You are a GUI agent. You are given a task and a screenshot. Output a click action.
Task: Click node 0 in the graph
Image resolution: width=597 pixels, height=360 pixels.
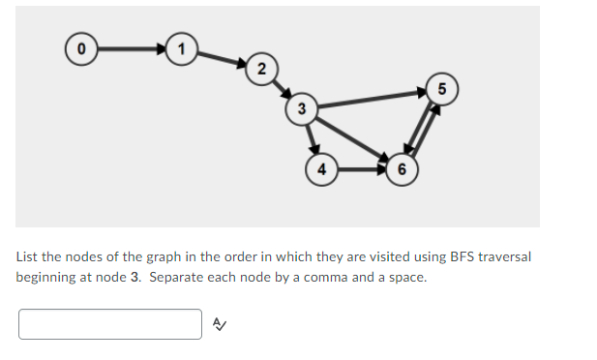(x=82, y=45)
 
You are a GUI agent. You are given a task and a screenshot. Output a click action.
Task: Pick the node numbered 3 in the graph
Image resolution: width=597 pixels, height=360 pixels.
(x=301, y=108)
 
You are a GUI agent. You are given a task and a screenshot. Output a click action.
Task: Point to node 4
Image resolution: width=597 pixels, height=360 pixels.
(x=321, y=169)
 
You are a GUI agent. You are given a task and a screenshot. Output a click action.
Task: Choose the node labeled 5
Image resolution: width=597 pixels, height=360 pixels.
(x=441, y=88)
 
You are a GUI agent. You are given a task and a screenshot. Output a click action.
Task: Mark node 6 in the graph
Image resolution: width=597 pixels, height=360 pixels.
(x=402, y=169)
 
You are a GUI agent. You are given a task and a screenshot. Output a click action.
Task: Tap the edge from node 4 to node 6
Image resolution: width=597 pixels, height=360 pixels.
(x=360, y=169)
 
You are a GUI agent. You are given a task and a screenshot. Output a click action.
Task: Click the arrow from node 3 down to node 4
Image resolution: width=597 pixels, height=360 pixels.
(x=312, y=138)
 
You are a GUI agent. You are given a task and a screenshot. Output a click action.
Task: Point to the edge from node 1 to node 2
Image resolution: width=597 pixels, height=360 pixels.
(x=221, y=57)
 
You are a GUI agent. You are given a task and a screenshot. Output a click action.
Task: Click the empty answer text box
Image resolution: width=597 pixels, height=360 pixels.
(x=109, y=324)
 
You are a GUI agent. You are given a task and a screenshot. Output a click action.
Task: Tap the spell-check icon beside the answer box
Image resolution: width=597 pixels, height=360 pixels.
(x=219, y=325)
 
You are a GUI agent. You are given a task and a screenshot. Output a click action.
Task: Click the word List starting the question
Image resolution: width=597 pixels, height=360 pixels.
(x=26, y=256)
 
